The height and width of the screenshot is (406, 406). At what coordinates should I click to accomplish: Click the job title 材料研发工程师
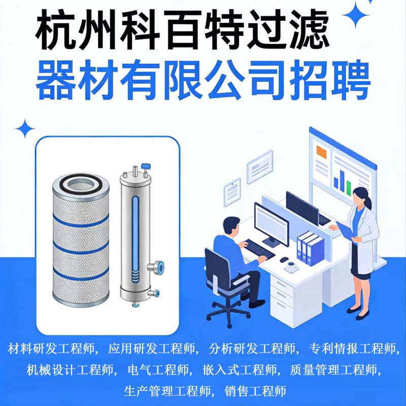pos(52,349)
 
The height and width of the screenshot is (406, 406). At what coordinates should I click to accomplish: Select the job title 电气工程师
pos(158,370)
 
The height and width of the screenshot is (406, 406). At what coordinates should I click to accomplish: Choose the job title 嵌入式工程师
pos(240,370)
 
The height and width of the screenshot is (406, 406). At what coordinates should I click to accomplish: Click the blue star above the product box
pos(25,129)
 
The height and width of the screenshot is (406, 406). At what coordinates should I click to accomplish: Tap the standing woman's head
pos(362,197)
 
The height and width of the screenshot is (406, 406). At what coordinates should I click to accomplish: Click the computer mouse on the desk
pos(284,259)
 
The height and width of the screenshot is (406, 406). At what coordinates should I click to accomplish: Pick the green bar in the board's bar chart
pos(349,187)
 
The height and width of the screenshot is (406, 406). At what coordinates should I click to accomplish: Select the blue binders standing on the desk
pos(310,248)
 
